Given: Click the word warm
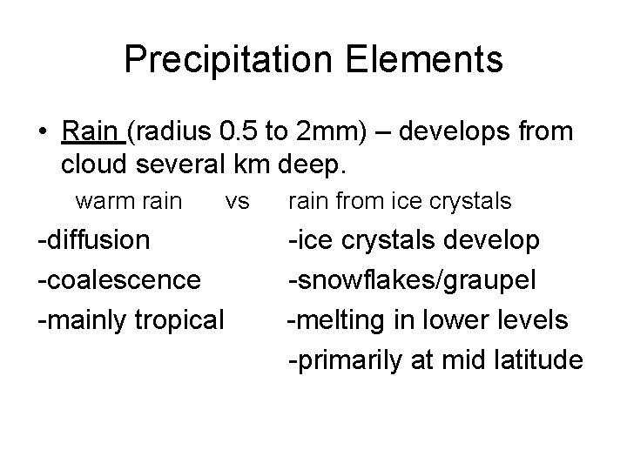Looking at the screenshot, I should (104, 202).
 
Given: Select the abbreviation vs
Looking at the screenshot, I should (236, 202).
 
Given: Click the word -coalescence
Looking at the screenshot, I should (118, 280).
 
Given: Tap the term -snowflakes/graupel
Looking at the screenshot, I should (426, 280).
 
